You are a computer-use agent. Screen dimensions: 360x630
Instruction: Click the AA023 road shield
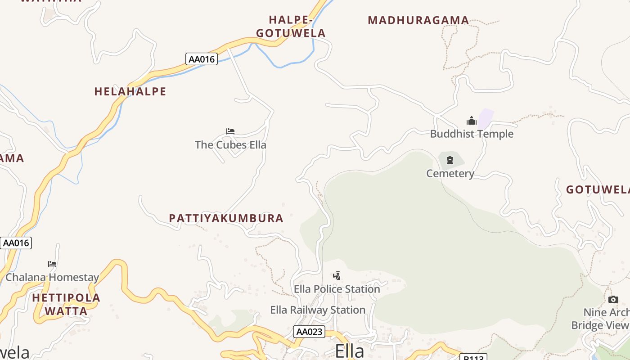tap(309, 332)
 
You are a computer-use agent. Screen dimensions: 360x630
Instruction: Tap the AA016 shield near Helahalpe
tap(202, 59)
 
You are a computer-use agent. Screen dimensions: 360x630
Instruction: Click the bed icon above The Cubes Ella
tap(230, 131)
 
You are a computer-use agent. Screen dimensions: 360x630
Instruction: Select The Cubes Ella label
tap(230, 145)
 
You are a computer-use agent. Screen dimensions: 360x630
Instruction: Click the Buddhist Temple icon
tap(472, 121)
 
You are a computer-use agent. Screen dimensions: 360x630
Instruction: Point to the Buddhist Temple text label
tap(472, 134)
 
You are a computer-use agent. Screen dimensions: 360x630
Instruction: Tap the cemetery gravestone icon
tap(450, 160)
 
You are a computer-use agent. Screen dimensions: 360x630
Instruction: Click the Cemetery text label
tap(450, 173)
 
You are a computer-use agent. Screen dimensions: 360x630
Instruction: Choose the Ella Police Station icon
tap(337, 275)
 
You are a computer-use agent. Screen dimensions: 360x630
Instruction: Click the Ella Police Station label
tap(337, 289)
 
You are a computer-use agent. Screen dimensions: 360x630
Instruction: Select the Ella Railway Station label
tap(318, 310)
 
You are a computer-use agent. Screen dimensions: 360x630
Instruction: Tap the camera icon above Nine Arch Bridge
tap(613, 300)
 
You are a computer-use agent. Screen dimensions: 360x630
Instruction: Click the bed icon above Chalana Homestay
tap(52, 264)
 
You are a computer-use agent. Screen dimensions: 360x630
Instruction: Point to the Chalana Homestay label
tap(52, 277)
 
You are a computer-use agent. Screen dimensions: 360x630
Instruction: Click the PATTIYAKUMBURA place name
tap(226, 218)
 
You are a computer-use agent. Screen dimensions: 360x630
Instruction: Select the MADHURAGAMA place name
tap(418, 20)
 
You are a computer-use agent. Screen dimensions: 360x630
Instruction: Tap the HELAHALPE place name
tap(130, 92)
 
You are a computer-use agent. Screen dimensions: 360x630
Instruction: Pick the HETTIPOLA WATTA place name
tap(66, 304)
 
